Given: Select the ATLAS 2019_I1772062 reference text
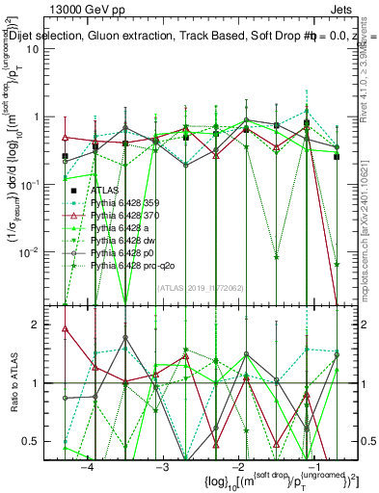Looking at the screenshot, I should coord(194,286).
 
